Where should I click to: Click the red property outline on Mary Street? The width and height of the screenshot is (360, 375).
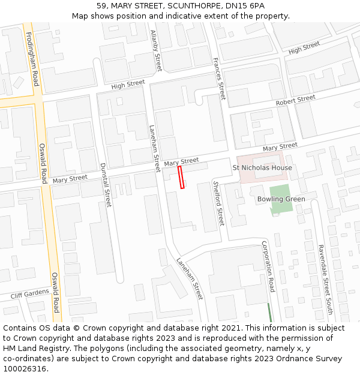pyautogui.click(x=181, y=178)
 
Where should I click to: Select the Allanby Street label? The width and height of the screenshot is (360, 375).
pyautogui.click(x=156, y=50)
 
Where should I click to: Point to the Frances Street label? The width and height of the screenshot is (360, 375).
pyautogui.click(x=218, y=79)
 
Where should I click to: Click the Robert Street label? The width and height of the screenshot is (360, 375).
pyautogui.click(x=295, y=100)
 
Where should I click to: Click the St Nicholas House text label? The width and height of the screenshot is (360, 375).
pyautogui.click(x=262, y=167)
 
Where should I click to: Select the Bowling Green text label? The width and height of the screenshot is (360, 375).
pyautogui.click(x=281, y=199)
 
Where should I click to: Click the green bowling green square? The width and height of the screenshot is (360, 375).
pyautogui.click(x=281, y=207)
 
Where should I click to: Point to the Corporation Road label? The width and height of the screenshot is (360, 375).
pyautogui.click(x=268, y=266)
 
